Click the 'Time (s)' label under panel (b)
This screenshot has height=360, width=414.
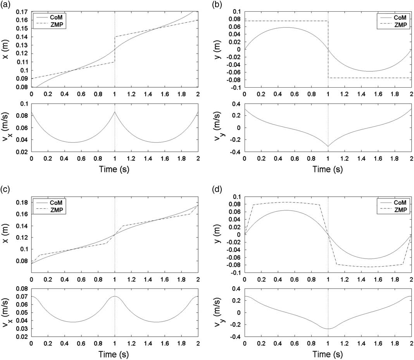pos(328,169)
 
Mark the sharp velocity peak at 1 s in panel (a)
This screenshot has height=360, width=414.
pos(115,112)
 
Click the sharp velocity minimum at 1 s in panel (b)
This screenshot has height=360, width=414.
pos(328,147)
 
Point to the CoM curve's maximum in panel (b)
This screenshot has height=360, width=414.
pos(286,27)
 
